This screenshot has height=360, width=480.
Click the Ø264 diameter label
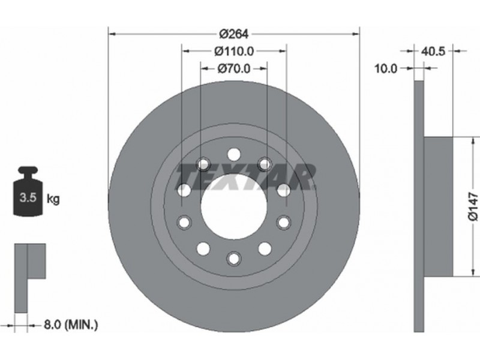point(234,34)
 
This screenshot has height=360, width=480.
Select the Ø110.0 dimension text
point(234,51)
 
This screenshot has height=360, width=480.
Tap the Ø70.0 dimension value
point(234,68)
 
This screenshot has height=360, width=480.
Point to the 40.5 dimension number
point(433,51)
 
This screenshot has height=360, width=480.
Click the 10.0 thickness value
point(386,68)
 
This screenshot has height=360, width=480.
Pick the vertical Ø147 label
point(473,206)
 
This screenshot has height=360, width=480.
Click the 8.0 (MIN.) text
point(71,325)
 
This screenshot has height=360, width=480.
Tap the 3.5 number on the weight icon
point(28,198)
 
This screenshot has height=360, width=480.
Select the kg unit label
point(53,199)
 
